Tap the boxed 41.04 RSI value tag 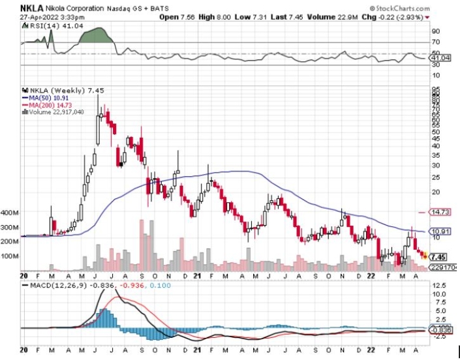[x=437, y=59]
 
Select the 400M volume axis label [x=10, y=213]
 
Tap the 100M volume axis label [x=10, y=256]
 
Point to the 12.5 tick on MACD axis [x=436, y=286]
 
